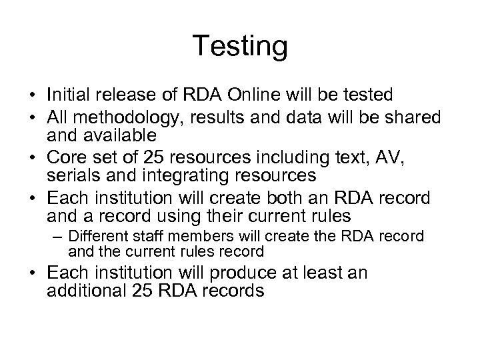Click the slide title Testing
pyautogui.click(x=240, y=47)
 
